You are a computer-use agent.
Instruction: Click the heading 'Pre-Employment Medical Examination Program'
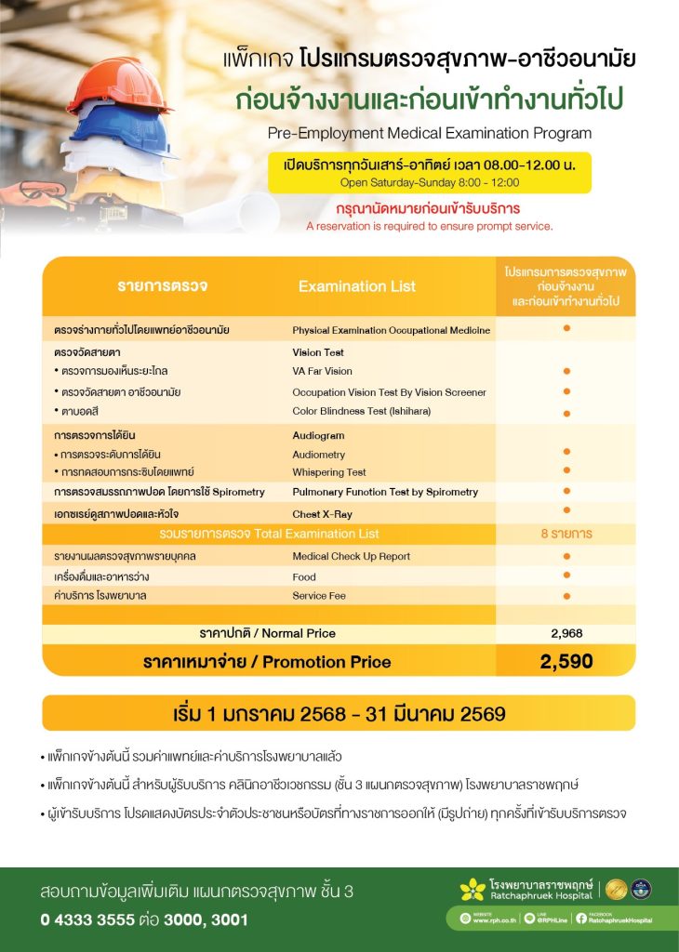pos(429,133)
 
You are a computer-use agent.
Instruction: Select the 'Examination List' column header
pos(357,286)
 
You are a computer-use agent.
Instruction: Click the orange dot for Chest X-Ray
pos(566,510)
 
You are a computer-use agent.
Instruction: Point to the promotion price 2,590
pos(566,662)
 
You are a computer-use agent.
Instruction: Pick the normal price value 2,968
pos(566,633)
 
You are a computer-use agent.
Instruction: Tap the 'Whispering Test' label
pos(329,472)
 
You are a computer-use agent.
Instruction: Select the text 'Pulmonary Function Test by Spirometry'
pos(385,492)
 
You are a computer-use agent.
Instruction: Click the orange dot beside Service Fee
pos(566,595)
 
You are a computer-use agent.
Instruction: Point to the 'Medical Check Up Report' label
pos(351,556)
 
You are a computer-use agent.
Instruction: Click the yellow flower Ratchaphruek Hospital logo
pos(473,890)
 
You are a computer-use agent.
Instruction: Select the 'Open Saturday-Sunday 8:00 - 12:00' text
pos(429,182)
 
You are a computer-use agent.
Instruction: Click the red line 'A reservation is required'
pos(429,226)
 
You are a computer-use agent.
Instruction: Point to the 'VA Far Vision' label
pos(322,371)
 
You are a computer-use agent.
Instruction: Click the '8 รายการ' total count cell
pos(566,534)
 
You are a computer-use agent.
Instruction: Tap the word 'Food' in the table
pos(304,575)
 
